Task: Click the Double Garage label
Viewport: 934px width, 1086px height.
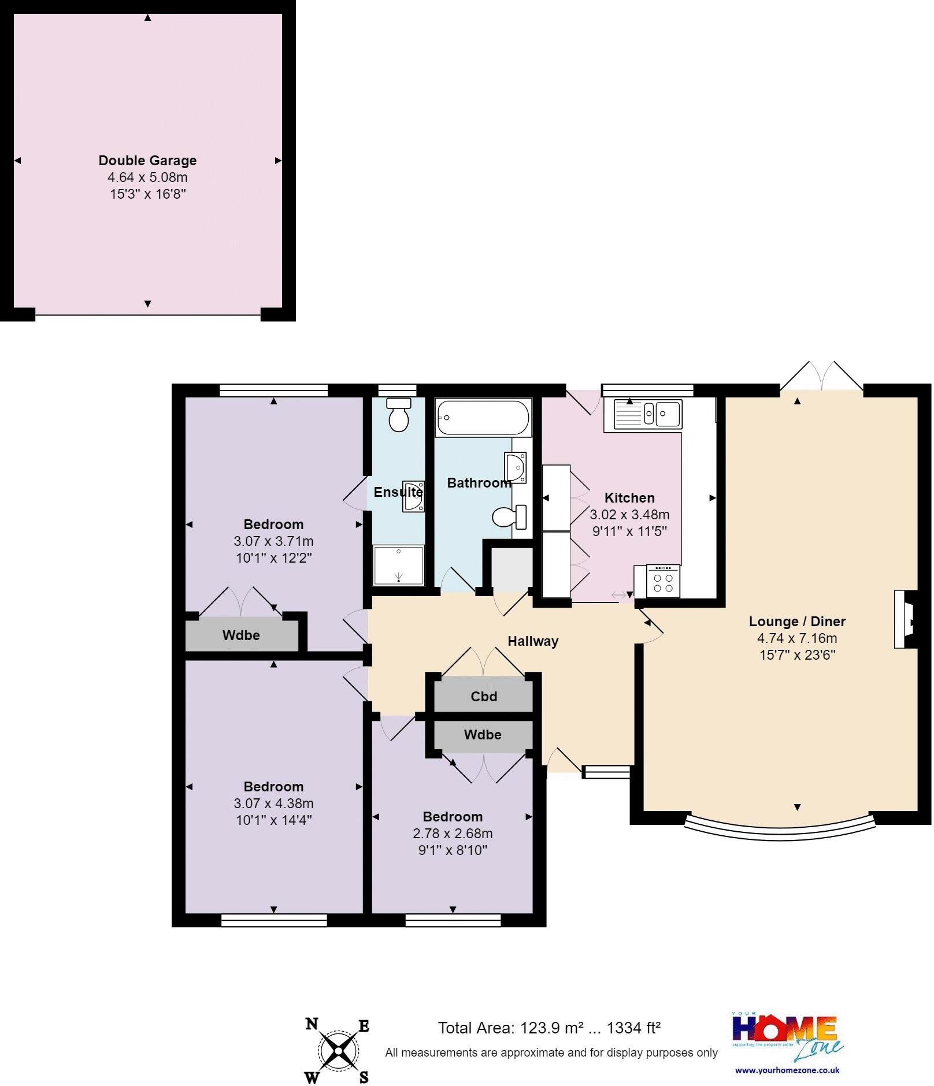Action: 147,161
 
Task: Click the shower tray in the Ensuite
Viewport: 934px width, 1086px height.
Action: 399,566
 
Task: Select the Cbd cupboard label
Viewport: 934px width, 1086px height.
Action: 484,697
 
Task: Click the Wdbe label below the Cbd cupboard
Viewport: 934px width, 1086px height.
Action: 483,735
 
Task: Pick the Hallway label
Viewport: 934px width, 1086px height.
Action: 533,641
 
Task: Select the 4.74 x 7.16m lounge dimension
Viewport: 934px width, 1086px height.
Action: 797,638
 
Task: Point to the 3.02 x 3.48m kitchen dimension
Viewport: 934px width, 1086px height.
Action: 629,515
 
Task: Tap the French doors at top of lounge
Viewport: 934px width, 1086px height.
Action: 821,377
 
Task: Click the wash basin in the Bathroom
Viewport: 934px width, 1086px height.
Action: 515,467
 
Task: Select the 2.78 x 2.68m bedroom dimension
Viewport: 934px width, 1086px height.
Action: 453,834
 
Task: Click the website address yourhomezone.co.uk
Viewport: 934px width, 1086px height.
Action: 787,1070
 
